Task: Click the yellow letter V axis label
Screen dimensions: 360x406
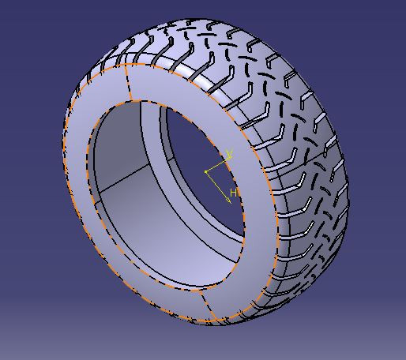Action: pyautogui.click(x=229, y=153)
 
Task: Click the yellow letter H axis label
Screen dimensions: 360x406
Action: pyautogui.click(x=234, y=193)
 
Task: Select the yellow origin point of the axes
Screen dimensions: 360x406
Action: pyautogui.click(x=206, y=171)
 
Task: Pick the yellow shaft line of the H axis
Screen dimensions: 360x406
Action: pyautogui.click(x=216, y=185)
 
